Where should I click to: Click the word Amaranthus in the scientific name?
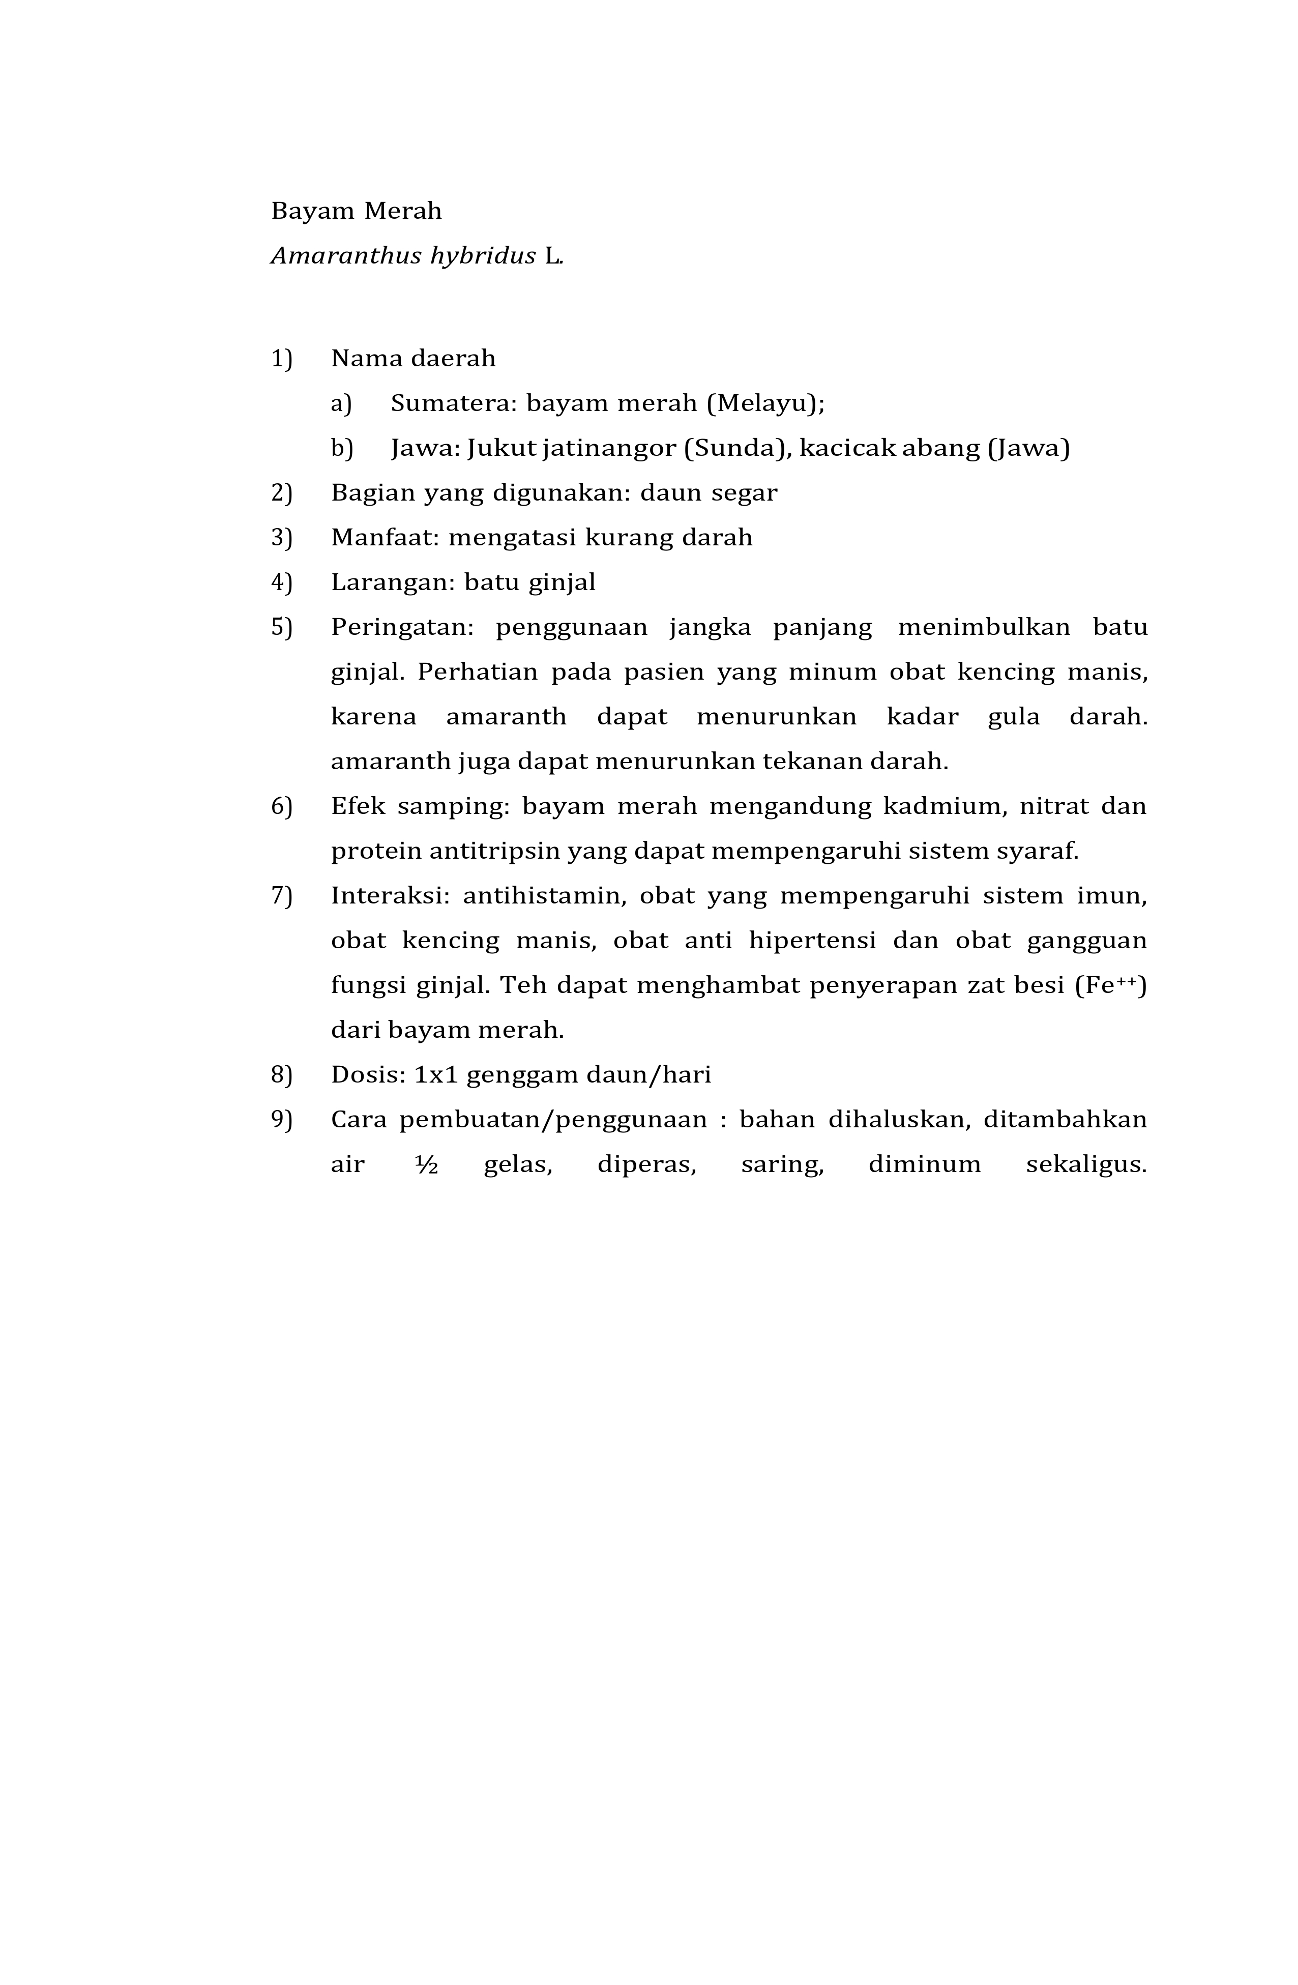tap(346, 256)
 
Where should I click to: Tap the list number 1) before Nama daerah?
tap(282, 359)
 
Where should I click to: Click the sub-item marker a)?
tap(341, 404)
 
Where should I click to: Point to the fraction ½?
tap(426, 1165)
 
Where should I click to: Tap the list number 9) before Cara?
tap(282, 1120)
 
